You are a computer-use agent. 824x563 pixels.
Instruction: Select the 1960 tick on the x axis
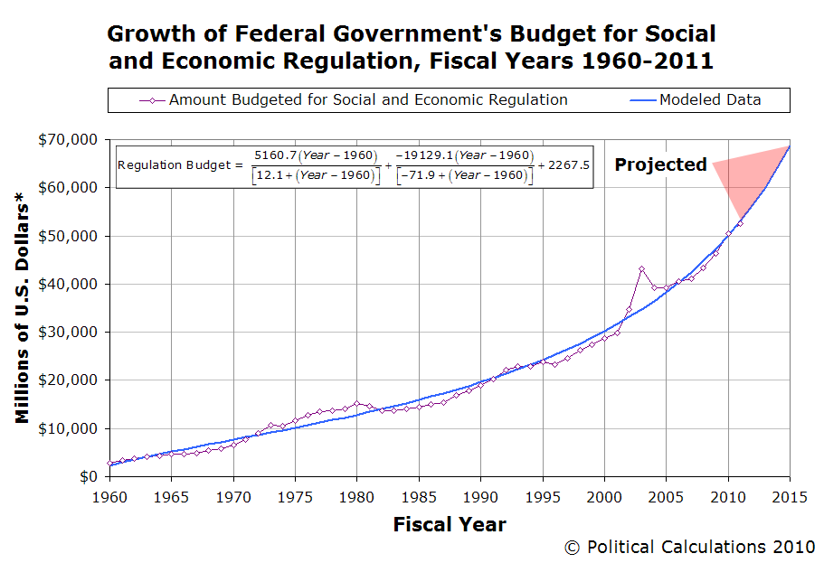point(110,495)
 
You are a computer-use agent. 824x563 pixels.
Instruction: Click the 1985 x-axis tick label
point(419,495)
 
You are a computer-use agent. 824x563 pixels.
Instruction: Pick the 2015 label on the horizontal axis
point(790,495)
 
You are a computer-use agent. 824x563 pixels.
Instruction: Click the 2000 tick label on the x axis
point(604,495)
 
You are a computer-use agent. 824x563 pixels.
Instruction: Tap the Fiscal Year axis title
point(450,524)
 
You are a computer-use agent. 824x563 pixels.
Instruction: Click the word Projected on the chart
point(660,164)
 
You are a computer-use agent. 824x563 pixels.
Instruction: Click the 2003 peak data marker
point(641,269)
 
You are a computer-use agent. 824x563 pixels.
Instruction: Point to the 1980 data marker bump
point(357,403)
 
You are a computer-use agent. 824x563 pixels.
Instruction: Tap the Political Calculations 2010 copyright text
point(689,547)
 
